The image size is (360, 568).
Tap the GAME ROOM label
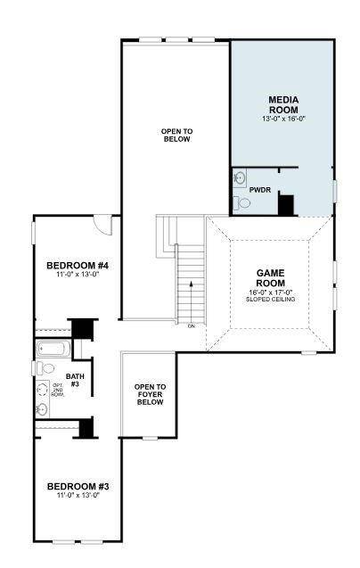click(270, 277)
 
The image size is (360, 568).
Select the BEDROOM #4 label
click(78, 266)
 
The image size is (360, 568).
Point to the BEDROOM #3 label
click(78, 487)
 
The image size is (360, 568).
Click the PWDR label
click(260, 190)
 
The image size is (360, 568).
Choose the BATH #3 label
click(73, 380)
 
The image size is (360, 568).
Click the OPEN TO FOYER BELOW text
click(151, 394)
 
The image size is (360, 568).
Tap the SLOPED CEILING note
click(270, 299)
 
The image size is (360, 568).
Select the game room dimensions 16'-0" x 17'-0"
click(270, 291)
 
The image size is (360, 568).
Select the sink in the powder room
click(239, 178)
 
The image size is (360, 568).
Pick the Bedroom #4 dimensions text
click(78, 276)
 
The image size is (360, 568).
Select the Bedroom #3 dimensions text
click(78, 497)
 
